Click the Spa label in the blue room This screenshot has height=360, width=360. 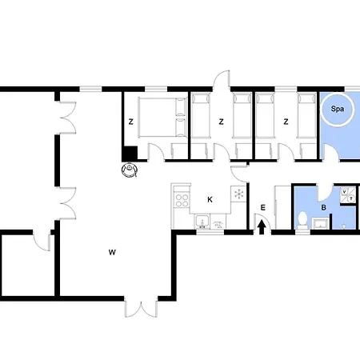[337, 109]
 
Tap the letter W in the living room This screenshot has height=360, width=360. [112, 252]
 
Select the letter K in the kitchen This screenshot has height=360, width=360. [210, 199]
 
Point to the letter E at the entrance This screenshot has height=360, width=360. [263, 207]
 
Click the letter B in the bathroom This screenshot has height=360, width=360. [324, 207]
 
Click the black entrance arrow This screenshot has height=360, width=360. [262, 227]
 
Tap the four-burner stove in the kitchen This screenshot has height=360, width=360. [182, 200]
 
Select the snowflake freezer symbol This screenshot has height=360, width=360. [238, 194]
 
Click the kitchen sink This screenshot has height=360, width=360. [202, 222]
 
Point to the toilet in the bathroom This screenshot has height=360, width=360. [302, 220]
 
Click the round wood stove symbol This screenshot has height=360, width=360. [130, 170]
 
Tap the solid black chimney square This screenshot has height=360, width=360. [130, 154]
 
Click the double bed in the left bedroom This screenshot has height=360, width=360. [162, 118]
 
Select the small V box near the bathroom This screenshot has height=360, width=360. [344, 192]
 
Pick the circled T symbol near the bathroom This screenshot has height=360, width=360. [351, 198]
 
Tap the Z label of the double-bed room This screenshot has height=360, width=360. [130, 122]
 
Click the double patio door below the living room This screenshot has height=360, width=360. [141, 309]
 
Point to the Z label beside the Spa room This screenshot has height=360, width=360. [286, 122]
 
